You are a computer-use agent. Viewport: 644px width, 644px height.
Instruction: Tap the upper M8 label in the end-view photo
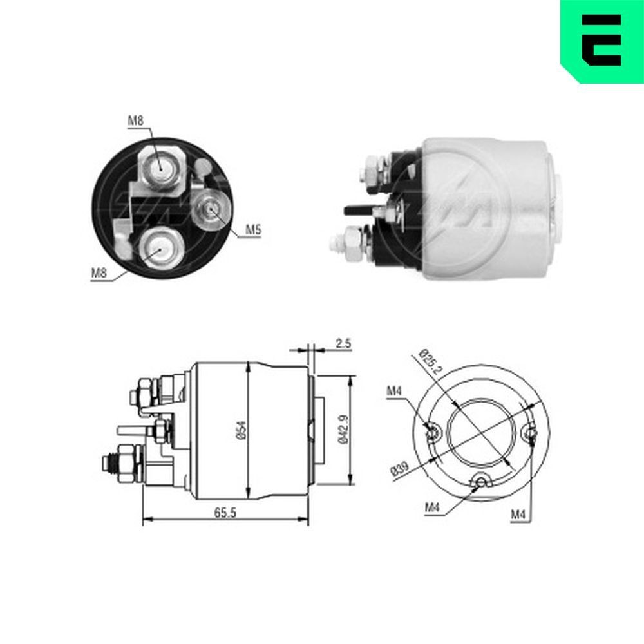tap(135, 120)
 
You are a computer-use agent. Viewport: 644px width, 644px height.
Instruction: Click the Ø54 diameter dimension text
tap(240, 430)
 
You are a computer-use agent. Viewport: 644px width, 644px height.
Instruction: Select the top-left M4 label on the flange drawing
tap(395, 391)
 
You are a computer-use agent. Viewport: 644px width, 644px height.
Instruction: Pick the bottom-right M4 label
tap(518, 513)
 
